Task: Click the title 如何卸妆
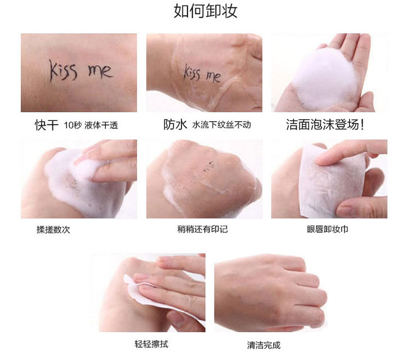point(205,11)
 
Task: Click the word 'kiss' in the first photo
point(64,70)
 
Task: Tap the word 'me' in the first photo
point(100,71)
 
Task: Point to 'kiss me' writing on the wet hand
point(202,74)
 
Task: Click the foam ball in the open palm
point(325,79)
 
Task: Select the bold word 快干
point(46,125)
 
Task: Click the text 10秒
point(73,125)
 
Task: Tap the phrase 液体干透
point(101,125)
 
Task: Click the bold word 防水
point(175,125)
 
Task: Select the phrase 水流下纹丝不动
point(221,125)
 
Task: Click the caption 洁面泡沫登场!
point(325,125)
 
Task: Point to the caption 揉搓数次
point(53,229)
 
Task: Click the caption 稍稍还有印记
point(202,229)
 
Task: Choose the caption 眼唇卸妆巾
point(328,229)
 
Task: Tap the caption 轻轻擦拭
point(151,344)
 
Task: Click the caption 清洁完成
point(263,345)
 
